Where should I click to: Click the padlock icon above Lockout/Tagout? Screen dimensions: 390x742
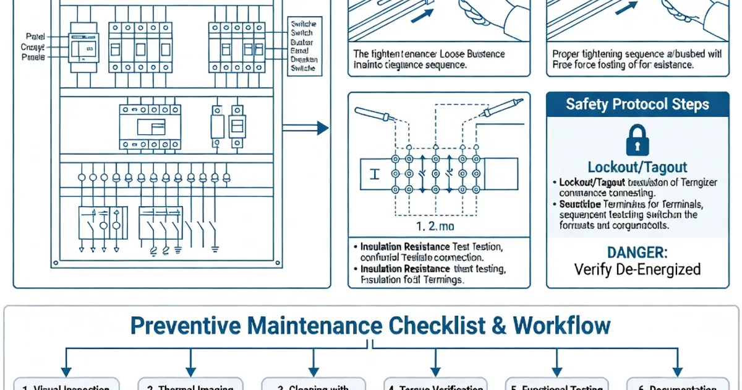pyautogui.click(x=637, y=140)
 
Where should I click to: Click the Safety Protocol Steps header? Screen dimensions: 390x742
pyautogui.click(x=637, y=104)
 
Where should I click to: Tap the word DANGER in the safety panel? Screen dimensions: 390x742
pyautogui.click(x=637, y=253)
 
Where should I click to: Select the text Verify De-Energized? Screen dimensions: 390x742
pyautogui.click(x=637, y=269)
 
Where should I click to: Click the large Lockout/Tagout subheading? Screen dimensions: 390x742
pyautogui.click(x=637, y=167)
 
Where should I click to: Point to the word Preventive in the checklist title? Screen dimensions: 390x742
pyautogui.click(x=186, y=326)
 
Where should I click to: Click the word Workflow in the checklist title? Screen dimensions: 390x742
pyautogui.click(x=561, y=326)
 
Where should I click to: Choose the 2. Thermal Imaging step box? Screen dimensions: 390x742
pyautogui.click(x=190, y=385)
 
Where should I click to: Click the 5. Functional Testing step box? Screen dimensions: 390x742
pyautogui.click(x=556, y=385)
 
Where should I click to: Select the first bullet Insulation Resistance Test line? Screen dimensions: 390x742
pyautogui.click(x=431, y=246)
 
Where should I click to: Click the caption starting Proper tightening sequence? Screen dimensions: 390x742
pyautogui.click(x=637, y=59)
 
